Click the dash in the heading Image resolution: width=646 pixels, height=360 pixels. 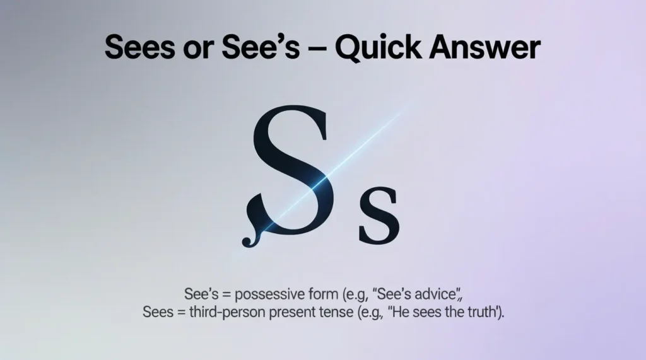pos(317,49)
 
